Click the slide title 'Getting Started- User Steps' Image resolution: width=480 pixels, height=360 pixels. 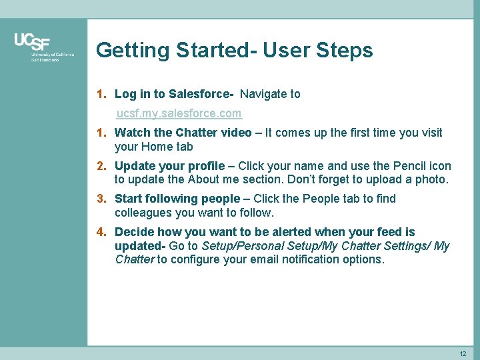pyautogui.click(x=234, y=50)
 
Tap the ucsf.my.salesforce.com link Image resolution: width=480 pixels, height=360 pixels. pyautogui.click(x=179, y=114)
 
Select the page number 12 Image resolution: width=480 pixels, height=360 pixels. pyautogui.click(x=463, y=353)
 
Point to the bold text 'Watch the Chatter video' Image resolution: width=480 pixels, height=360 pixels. pyautogui.click(x=183, y=133)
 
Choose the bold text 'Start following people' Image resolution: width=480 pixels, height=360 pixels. pyautogui.click(x=177, y=199)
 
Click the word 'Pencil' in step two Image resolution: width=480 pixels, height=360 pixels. pyautogui.click(x=408, y=165)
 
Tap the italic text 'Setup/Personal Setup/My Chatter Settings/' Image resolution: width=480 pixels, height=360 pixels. pyautogui.click(x=316, y=246)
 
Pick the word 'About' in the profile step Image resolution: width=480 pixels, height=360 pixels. pyautogui.click(x=205, y=180)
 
